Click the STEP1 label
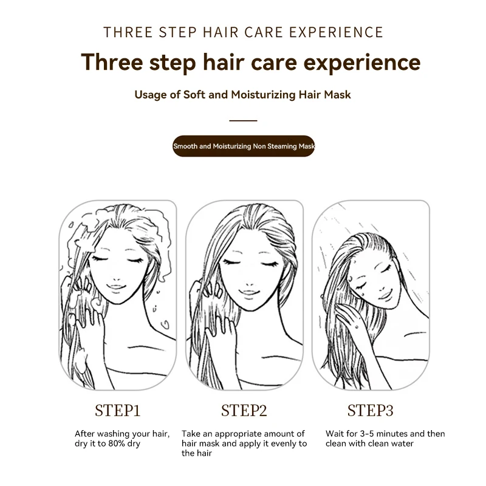pos(118,411)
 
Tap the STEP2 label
pos(244,411)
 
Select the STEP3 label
pos(370,411)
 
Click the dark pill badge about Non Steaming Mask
pos(244,146)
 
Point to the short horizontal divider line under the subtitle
pos(244,120)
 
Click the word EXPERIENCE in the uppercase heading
pos(337,32)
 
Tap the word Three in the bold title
pos(112,62)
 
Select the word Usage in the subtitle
pos(151,95)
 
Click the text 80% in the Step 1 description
pos(116,443)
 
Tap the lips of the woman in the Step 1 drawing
pos(116,287)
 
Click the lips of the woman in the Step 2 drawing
pos(249,293)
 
